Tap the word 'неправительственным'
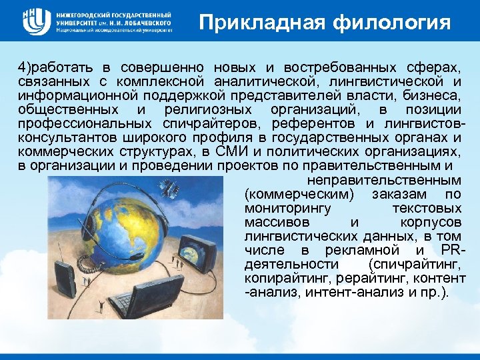tap(383, 180)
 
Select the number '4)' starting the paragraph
tap(25, 68)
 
